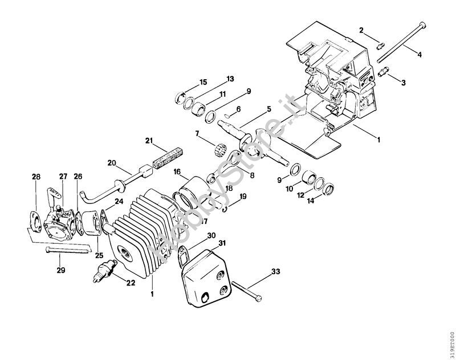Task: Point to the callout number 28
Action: (x=36, y=177)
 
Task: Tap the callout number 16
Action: (x=177, y=171)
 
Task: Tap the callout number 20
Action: (x=112, y=162)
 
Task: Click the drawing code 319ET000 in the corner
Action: (x=450, y=341)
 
